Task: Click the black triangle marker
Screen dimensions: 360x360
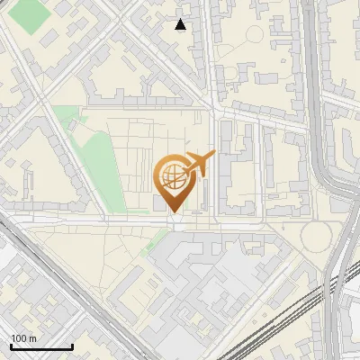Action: click(181, 25)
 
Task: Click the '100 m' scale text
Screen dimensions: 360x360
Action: click(23, 337)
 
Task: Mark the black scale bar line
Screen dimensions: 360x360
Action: click(41, 346)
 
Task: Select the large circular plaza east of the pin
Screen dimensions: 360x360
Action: click(316, 236)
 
